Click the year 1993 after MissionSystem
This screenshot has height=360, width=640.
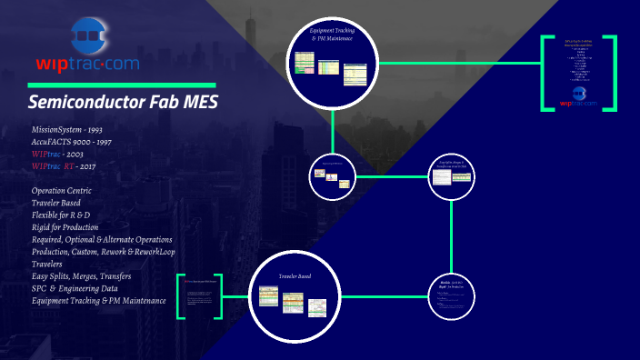115,130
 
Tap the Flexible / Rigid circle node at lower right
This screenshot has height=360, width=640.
451,294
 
